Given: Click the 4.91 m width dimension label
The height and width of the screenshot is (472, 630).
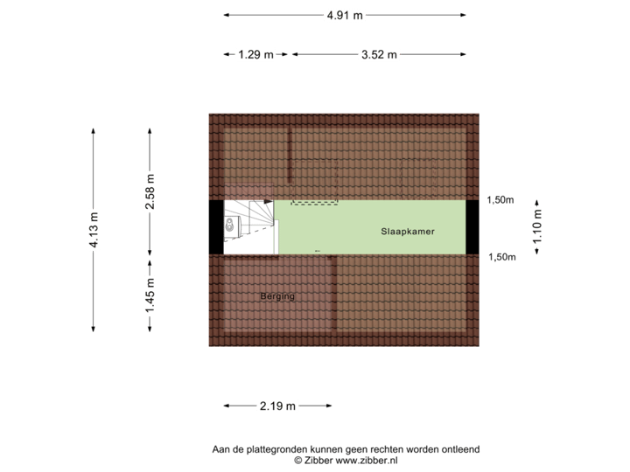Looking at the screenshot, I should tap(345, 15).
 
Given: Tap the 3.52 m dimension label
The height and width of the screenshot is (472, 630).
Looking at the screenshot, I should tap(379, 54).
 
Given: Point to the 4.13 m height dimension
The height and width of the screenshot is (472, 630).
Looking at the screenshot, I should tap(93, 230).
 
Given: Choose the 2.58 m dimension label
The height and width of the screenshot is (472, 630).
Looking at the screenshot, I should tap(150, 191).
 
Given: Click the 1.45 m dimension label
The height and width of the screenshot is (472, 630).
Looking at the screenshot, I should tap(150, 295).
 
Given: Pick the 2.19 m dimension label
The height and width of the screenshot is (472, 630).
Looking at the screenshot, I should tap(277, 406).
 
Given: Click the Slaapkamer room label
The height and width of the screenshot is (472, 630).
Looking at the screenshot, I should tap(408, 232).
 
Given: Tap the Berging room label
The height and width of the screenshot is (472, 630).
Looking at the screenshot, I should tap(277, 297).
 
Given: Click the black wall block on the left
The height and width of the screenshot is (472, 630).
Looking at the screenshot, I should tap(215, 227).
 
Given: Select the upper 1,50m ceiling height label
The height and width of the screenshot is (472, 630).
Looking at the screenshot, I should tap(500, 200).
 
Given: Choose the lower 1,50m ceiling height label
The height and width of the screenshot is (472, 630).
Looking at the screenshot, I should tap(500, 256).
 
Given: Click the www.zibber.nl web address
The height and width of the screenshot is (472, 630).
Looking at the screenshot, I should tap(367, 460).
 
